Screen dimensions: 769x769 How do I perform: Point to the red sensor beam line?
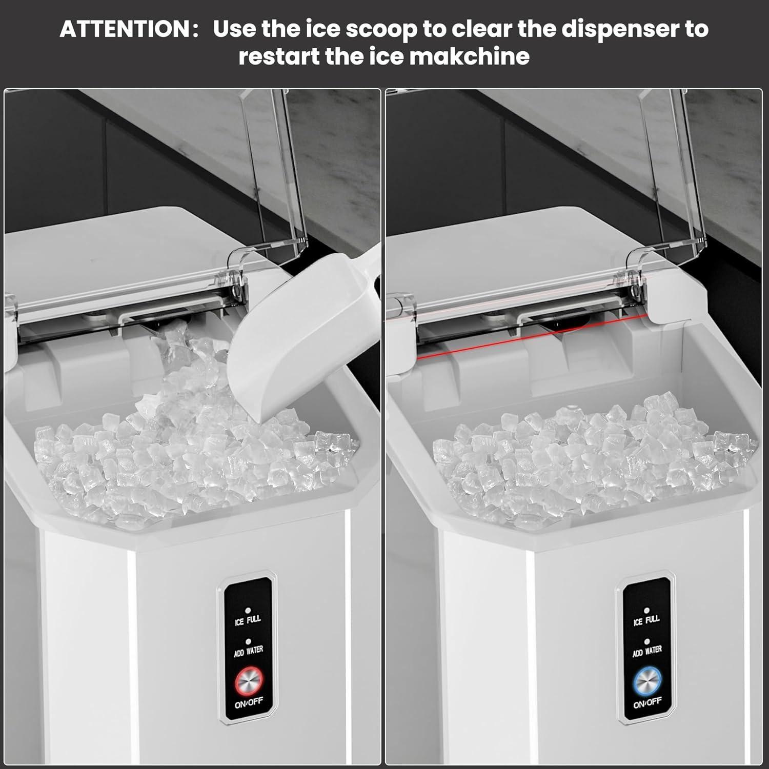532,337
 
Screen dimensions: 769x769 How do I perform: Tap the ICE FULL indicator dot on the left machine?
248,611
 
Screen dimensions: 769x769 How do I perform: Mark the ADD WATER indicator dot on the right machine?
647,641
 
